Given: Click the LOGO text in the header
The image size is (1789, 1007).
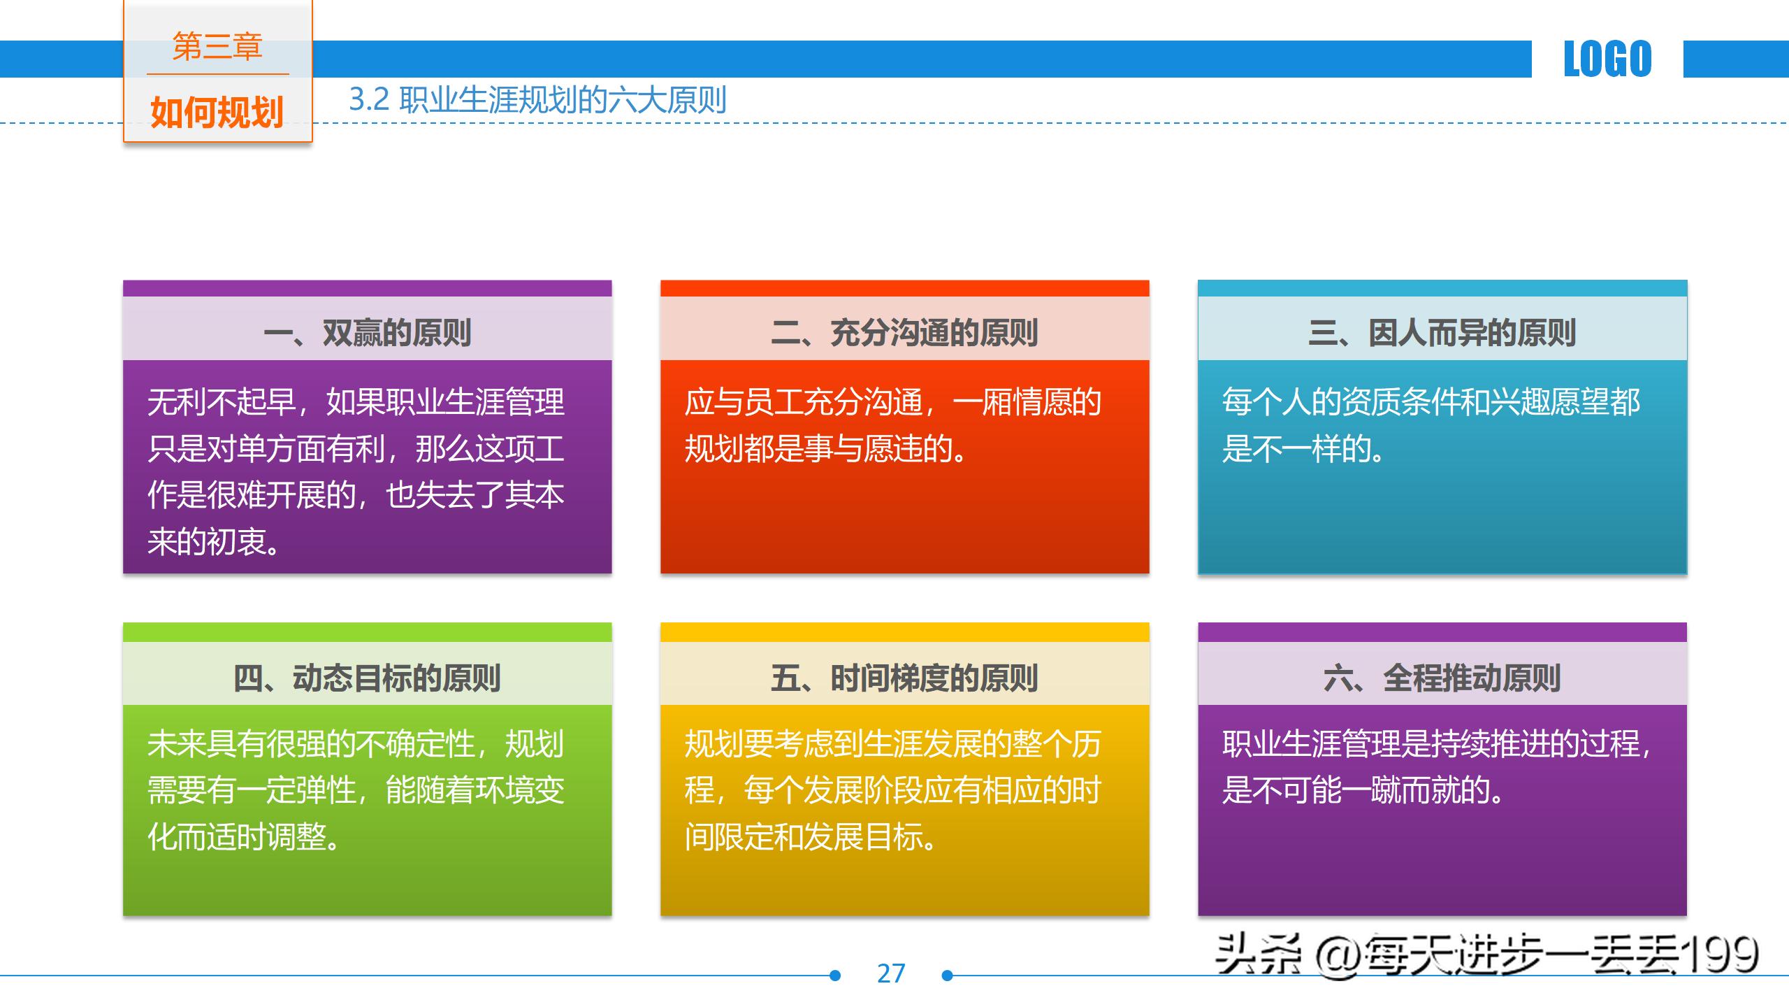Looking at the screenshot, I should (x=1607, y=59).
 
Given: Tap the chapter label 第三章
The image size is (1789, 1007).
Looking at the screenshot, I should (x=217, y=47).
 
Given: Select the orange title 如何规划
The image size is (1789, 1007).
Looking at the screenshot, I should (x=217, y=112).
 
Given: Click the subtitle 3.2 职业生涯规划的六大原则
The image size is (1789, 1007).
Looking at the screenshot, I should (x=537, y=100).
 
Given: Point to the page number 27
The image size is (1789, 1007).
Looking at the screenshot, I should (x=891, y=973).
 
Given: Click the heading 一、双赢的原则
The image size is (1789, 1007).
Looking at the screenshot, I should (x=368, y=333).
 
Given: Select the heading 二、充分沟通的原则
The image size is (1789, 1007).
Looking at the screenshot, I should (x=904, y=333).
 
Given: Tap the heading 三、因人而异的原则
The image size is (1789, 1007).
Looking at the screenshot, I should (x=1442, y=333).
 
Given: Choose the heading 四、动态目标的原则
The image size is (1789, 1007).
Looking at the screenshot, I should (x=368, y=678).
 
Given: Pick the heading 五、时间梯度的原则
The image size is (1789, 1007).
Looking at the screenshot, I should (x=904, y=678).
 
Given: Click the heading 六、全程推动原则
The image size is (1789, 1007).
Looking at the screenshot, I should (x=1442, y=678).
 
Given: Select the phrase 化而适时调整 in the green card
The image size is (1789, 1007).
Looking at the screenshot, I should (x=238, y=836).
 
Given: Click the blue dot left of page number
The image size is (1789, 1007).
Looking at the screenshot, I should (x=834, y=976).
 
